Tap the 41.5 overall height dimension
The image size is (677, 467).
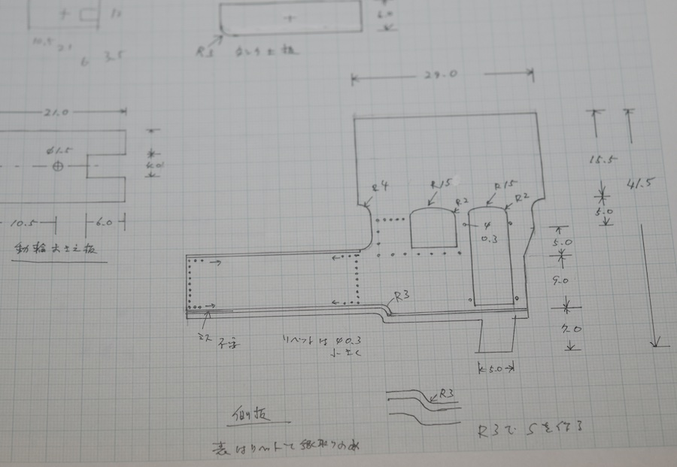pos(638,183)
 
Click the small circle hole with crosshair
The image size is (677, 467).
pos(58,165)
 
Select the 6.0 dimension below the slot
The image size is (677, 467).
pos(104,223)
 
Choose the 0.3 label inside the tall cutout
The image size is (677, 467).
pos(487,240)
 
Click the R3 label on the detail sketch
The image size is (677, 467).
pos(446,393)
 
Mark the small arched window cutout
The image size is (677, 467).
pos(435,228)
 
